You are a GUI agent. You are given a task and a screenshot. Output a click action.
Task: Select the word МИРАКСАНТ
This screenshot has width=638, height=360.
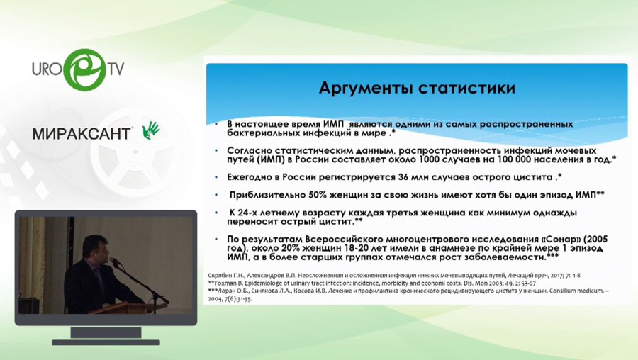click(x=82, y=133)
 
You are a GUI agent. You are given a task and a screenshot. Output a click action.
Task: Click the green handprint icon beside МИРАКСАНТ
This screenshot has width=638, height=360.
click(x=151, y=130)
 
